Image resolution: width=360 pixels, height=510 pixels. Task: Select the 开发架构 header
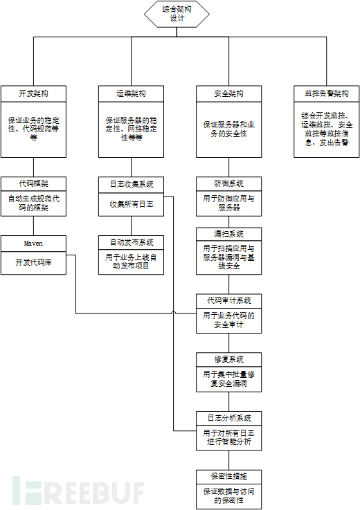click(34, 93)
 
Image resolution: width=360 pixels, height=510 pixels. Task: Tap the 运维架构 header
click(132, 93)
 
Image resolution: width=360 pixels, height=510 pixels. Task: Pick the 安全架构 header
click(229, 93)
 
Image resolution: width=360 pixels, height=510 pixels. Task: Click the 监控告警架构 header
click(327, 93)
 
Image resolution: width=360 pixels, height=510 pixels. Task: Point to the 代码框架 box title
click(34, 184)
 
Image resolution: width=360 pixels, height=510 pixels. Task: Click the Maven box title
click(34, 244)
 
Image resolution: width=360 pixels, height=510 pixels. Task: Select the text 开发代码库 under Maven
click(34, 262)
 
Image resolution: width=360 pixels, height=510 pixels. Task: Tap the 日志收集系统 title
click(132, 184)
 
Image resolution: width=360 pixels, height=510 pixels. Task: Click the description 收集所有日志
click(132, 203)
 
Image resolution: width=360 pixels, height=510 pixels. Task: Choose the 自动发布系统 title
click(132, 242)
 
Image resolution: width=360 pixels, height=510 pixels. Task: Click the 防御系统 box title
click(229, 184)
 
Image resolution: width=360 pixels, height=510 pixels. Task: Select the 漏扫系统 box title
click(229, 234)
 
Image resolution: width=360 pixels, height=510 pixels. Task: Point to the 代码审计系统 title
click(229, 300)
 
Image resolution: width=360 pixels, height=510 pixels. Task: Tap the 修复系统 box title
click(229, 359)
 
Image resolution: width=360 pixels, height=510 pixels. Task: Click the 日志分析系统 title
click(229, 418)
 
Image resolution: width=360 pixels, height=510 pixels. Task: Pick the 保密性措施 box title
click(229, 476)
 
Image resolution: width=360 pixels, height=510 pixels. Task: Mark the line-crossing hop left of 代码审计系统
click(173, 314)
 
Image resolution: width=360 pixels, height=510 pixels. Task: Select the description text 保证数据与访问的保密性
click(229, 495)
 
